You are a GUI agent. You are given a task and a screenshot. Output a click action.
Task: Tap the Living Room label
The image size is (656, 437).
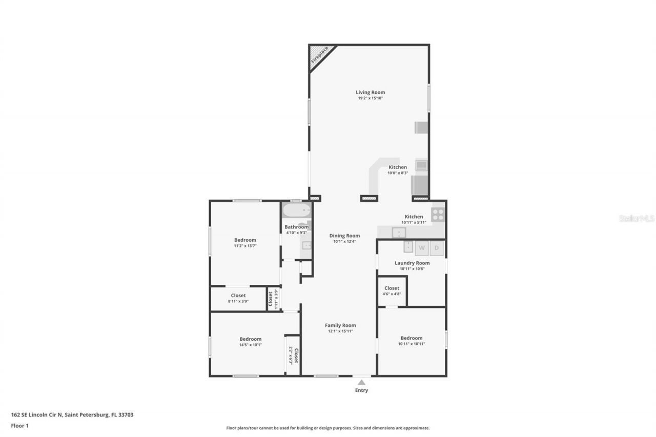tap(370, 92)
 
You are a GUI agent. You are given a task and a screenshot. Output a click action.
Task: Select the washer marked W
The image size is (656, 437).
tap(422, 248)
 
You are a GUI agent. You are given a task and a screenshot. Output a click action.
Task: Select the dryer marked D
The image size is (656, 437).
tap(437, 248)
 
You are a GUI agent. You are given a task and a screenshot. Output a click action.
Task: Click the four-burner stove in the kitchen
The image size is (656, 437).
tap(438, 214)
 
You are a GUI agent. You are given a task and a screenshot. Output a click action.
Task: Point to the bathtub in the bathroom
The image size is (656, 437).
tap(297, 210)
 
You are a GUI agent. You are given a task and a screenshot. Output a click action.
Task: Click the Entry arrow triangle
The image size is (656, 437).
tap(361, 382)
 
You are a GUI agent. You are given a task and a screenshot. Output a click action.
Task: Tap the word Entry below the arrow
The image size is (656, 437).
tap(361, 390)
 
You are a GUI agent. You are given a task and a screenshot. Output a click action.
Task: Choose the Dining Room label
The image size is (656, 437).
tap(344, 236)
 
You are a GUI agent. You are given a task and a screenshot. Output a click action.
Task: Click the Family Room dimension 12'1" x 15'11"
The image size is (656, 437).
tap(340, 331)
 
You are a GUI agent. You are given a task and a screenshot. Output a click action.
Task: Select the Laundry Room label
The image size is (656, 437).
tap(412, 263)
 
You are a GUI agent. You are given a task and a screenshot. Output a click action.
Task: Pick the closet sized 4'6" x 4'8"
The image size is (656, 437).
tap(392, 291)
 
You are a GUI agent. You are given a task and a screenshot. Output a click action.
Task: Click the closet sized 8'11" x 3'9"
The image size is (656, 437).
tap(238, 298)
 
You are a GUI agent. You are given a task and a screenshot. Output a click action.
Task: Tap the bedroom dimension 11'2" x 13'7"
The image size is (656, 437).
tap(245, 246)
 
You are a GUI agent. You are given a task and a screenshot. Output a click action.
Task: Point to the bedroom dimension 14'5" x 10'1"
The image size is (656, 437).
tap(250, 345)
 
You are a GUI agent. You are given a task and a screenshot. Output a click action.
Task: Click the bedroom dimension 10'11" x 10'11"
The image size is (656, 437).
tap(412, 344)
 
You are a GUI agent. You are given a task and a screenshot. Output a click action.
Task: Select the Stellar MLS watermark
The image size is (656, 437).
tap(637, 218)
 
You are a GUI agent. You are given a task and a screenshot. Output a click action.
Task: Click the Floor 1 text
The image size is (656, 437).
tap(19, 425)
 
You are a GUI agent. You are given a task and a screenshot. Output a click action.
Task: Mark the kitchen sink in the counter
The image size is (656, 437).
tap(399, 233)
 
